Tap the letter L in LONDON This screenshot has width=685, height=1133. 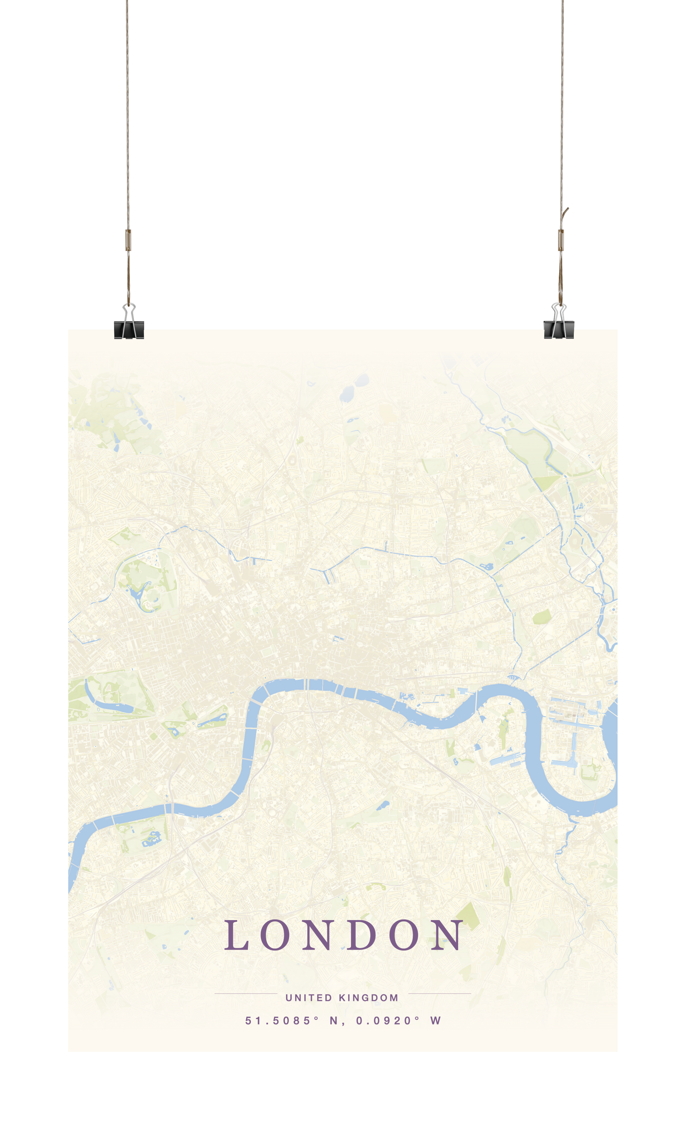[237, 935]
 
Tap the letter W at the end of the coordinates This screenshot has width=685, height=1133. [435, 1021]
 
